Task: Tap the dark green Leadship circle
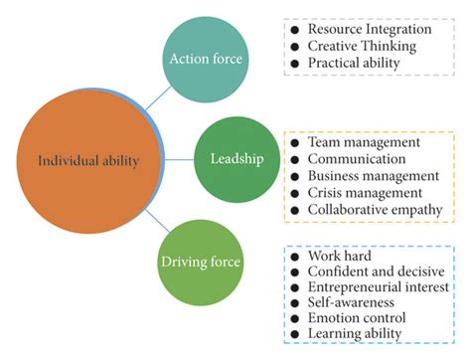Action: point(235,158)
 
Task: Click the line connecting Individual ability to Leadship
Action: point(181,159)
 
